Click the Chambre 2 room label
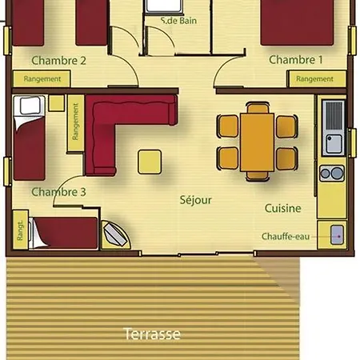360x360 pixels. click(58, 61)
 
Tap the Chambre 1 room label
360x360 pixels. click(296, 60)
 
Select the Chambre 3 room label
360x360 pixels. click(58, 192)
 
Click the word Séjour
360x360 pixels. click(196, 200)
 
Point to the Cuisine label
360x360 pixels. click(283, 208)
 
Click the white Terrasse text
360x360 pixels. click(152, 334)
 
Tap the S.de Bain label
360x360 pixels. click(179, 21)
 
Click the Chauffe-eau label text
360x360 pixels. click(286, 236)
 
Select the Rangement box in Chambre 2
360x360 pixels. click(42, 78)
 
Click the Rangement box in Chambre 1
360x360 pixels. click(317, 79)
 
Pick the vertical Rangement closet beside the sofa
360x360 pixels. click(76, 123)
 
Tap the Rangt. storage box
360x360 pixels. click(21, 230)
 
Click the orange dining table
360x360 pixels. click(257, 142)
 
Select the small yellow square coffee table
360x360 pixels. click(150, 162)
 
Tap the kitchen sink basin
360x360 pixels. click(334, 144)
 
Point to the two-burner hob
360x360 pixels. click(332, 174)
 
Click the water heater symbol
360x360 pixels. click(337, 235)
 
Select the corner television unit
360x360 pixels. click(116, 235)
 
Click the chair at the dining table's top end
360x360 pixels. click(258, 107)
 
